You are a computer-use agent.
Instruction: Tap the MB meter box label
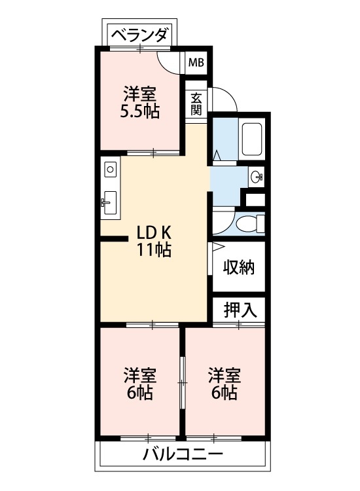pos(196,63)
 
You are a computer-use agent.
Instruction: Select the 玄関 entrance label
pos(196,103)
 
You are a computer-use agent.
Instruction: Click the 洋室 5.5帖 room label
pos(139,101)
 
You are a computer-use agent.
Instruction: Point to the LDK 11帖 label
pos(154,240)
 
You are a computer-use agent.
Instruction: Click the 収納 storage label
pos(238,267)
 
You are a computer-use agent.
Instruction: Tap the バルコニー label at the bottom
pos(183,454)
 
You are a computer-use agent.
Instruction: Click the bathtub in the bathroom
pos(252,139)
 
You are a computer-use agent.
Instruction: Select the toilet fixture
pos(248,224)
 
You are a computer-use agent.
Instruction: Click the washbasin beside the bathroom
pos(257,175)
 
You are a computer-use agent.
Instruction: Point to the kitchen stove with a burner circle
pos(109,170)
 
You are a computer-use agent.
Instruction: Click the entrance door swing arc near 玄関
pos(223,99)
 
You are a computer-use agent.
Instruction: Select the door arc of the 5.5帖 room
pos(170,63)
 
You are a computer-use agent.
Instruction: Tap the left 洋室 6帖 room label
pos(139,384)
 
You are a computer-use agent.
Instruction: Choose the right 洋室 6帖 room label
pos(224,384)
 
